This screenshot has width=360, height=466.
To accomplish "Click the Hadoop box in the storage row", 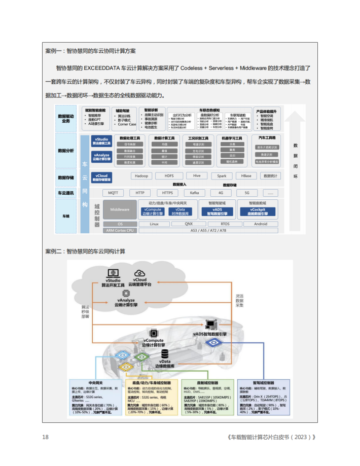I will pos(140,176).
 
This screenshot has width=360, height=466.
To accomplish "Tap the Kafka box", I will pos(194,193).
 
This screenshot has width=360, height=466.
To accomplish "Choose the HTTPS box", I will pos(167,193).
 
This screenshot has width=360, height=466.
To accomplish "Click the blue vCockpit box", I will pos(257,211).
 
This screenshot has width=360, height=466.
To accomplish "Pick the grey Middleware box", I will pos(120,209).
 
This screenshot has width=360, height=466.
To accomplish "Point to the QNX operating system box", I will pos(189,224).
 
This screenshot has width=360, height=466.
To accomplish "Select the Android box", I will pos(260,224).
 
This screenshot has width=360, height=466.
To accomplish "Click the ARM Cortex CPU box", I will pos(120,230).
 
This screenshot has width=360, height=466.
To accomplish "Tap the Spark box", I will pos(222,176).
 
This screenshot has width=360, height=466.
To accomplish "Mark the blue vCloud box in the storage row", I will pos(103,177).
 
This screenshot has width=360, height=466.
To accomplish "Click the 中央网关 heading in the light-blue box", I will pos(95,383).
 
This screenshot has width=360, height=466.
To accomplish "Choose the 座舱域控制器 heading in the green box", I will pos(207,383).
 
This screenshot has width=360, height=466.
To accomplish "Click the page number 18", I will pos(45,437).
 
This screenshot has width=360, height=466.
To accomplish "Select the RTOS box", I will pos(225,224).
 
